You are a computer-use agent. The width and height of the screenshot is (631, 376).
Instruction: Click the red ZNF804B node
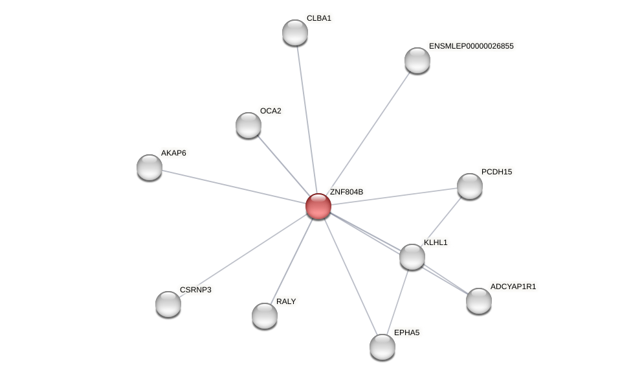(318, 206)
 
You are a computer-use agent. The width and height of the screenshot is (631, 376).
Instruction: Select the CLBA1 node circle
(295, 32)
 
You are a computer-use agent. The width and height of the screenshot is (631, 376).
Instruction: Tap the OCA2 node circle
(249, 125)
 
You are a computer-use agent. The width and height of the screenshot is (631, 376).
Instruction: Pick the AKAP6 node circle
(149, 167)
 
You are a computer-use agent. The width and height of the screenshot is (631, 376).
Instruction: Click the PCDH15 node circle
(470, 186)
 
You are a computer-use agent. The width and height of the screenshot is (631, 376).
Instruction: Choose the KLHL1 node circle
(412, 257)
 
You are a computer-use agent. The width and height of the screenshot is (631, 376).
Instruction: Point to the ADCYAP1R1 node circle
(479, 301)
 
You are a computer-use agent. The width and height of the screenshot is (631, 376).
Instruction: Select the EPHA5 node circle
(382, 347)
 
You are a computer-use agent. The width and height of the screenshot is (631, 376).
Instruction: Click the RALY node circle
(265, 316)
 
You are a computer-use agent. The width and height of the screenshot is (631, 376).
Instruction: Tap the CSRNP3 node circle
(168, 304)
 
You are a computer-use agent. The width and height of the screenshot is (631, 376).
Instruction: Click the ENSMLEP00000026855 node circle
(417, 60)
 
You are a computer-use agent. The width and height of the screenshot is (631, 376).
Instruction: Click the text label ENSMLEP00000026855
(471, 46)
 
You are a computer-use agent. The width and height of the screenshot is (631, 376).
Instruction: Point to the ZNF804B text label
(346, 192)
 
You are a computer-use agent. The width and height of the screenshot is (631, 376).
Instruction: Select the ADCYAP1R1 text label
(513, 287)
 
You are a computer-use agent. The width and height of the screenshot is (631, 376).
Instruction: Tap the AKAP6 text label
(173, 153)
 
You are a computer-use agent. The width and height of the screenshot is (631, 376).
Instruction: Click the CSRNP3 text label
(195, 290)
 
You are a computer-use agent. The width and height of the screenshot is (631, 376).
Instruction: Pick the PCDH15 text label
(496, 172)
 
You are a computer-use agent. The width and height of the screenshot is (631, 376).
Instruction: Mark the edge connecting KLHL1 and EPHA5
(397, 301)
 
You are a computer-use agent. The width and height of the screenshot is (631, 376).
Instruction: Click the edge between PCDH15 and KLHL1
(441, 221)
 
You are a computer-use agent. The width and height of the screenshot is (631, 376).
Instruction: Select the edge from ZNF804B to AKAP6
(233, 187)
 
